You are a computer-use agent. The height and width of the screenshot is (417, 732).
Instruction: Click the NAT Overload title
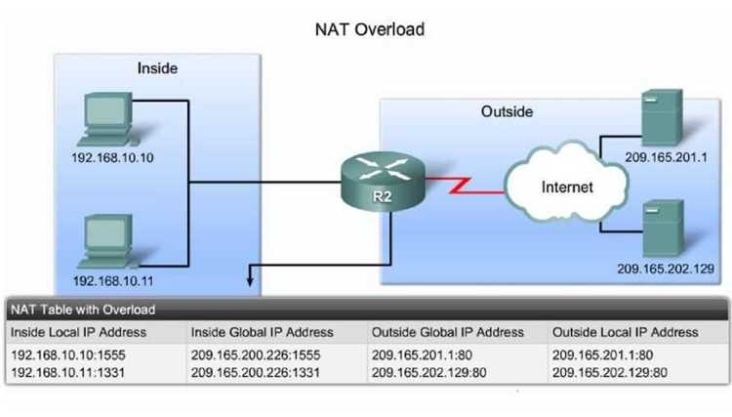[x=370, y=29]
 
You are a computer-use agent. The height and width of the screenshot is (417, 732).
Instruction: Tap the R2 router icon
[x=383, y=182]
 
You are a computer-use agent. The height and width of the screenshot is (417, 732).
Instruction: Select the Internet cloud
[x=566, y=183]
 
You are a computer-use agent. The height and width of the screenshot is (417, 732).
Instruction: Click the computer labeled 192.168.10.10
[x=106, y=119]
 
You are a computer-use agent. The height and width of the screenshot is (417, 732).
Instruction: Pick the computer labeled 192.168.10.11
[x=107, y=241]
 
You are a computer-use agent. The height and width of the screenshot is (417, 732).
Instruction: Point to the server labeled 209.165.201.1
[x=662, y=117]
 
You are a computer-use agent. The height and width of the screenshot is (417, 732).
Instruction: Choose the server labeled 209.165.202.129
[x=664, y=229]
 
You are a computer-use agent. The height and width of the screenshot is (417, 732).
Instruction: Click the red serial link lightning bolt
[x=465, y=185]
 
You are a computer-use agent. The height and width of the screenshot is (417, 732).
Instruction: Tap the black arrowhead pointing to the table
[x=250, y=281]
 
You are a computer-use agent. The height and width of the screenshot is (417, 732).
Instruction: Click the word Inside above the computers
[x=157, y=68]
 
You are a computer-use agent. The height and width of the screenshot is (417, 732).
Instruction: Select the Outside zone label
[x=507, y=111]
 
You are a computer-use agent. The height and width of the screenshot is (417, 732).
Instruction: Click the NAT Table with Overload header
[x=83, y=310]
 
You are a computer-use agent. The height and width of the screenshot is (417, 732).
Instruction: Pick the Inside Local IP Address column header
[x=78, y=332]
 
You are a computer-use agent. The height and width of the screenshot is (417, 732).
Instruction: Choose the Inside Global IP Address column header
[x=262, y=332]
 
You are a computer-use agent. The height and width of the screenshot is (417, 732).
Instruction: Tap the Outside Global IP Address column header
[x=447, y=332]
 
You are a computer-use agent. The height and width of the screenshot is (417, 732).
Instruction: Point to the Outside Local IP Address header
[x=625, y=332]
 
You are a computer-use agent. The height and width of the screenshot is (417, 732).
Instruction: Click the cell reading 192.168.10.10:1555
[x=68, y=354]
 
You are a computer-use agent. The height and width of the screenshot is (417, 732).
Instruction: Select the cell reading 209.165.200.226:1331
[x=256, y=373]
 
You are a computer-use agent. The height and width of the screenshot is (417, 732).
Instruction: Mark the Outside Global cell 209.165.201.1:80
[x=422, y=354]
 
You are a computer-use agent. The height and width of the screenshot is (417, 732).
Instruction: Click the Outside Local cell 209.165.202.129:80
[x=610, y=373]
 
